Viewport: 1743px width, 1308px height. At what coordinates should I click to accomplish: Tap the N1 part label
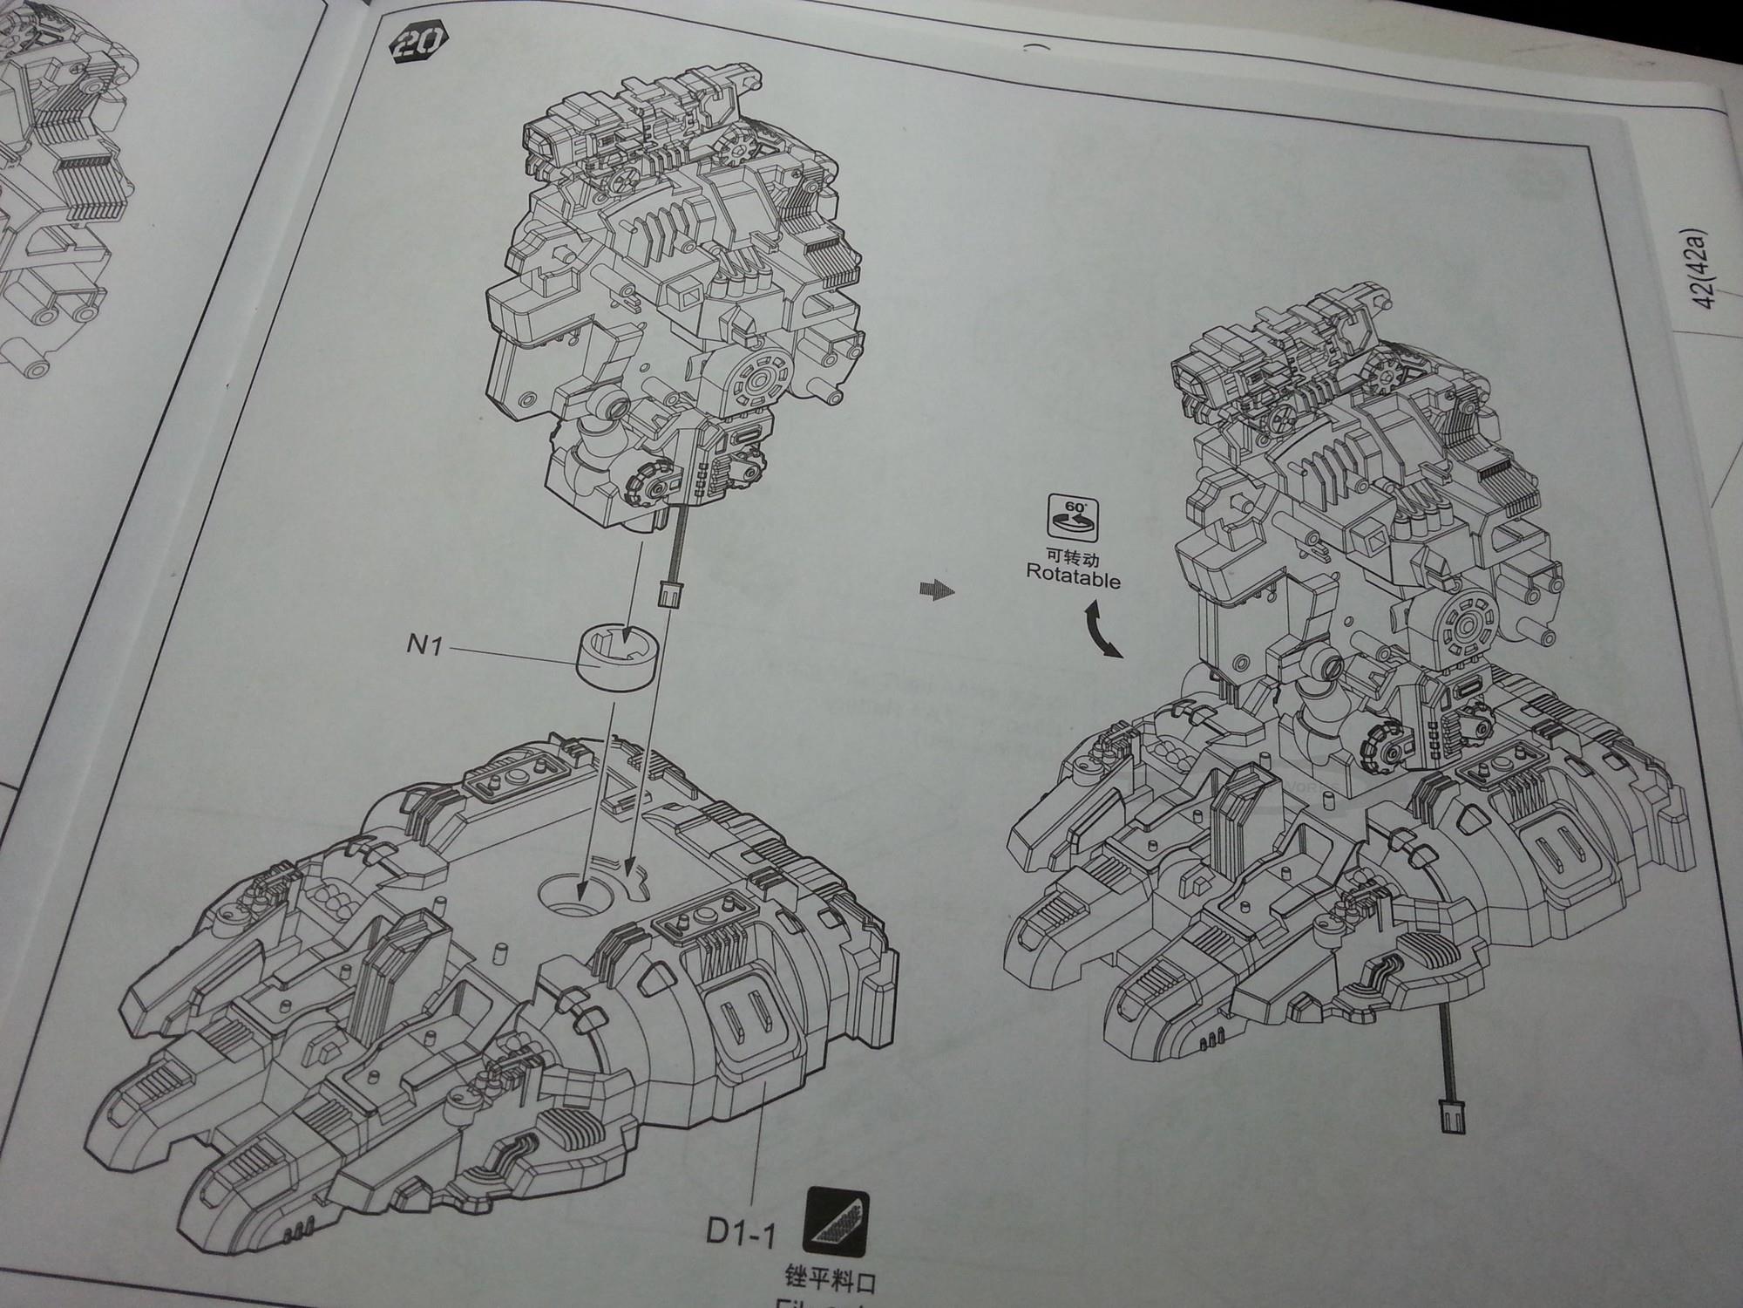(427, 649)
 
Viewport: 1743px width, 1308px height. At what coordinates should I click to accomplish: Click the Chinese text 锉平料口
(829, 1283)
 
